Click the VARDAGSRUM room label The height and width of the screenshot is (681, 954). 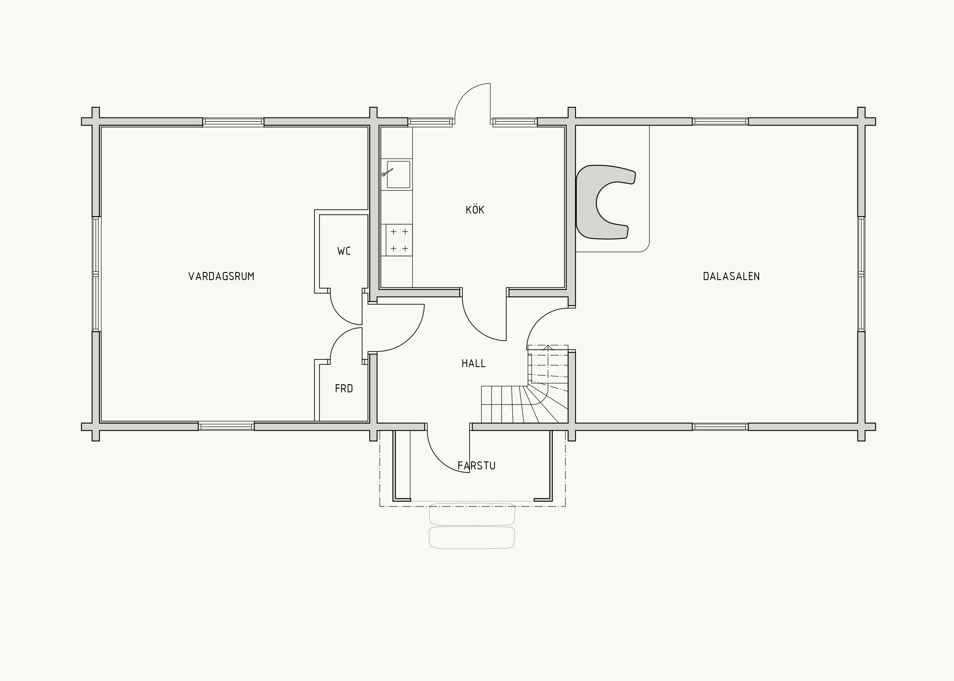point(222,276)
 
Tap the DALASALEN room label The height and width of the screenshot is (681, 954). point(731,276)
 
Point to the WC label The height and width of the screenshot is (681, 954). point(344,251)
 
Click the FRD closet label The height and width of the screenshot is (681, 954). point(344,389)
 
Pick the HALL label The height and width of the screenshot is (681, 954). point(474,363)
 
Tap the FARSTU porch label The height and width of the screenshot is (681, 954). point(477,466)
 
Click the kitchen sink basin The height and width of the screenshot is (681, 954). point(398,175)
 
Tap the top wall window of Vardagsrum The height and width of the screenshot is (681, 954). point(233,122)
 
